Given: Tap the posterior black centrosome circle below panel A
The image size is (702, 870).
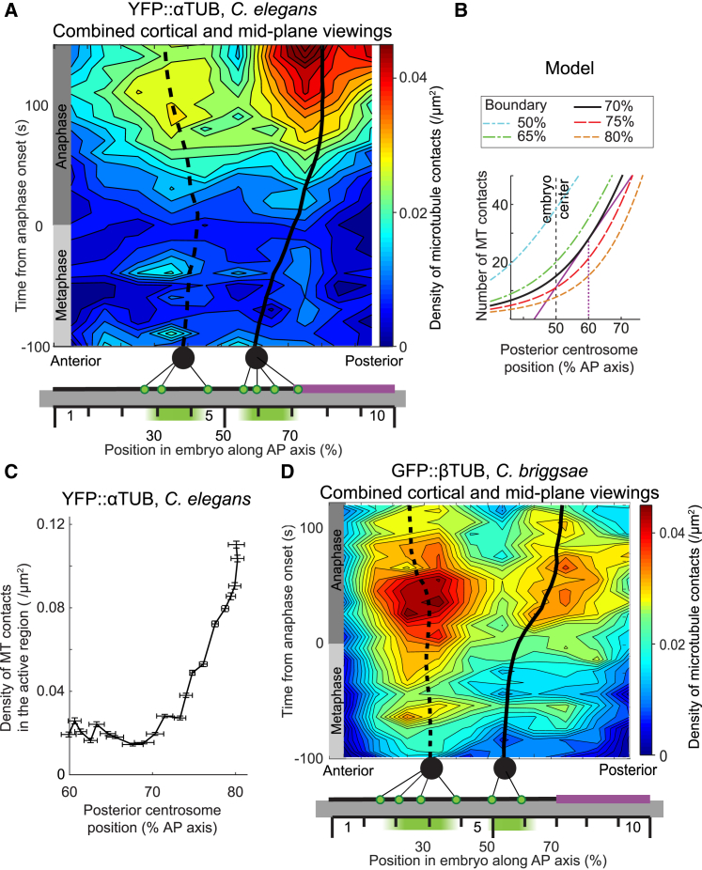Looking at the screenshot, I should coord(256,358).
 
